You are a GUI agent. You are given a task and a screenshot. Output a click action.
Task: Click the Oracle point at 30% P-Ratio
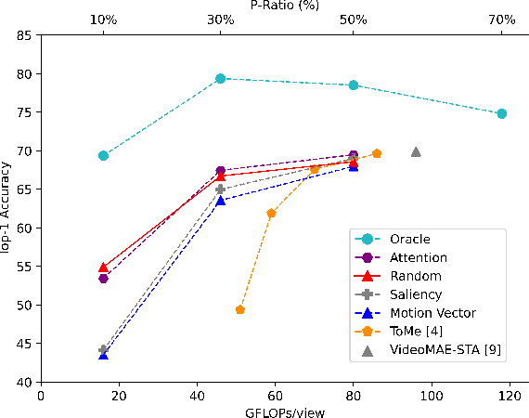pyautogui.click(x=220, y=79)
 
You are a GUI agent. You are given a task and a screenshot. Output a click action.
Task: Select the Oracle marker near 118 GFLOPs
pyautogui.click(x=502, y=113)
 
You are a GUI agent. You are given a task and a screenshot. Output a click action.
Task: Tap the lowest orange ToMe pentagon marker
pyautogui.click(x=240, y=309)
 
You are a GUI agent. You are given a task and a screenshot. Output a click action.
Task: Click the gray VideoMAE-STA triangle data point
pyautogui.click(x=416, y=151)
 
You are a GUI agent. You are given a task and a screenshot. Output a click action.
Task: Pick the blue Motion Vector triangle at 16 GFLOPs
pyautogui.click(x=103, y=355)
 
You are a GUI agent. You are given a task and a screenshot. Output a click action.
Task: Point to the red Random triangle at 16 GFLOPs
pyautogui.click(x=103, y=268)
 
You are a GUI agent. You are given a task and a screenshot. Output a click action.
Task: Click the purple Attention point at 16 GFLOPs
pyautogui.click(x=103, y=279)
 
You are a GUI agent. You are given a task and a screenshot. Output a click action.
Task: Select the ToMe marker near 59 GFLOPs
pyautogui.click(x=271, y=213)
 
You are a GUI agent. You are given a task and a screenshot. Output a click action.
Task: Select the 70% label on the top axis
pyautogui.click(x=502, y=20)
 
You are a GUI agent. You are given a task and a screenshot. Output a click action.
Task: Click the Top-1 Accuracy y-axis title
pyautogui.click(x=7, y=208)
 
